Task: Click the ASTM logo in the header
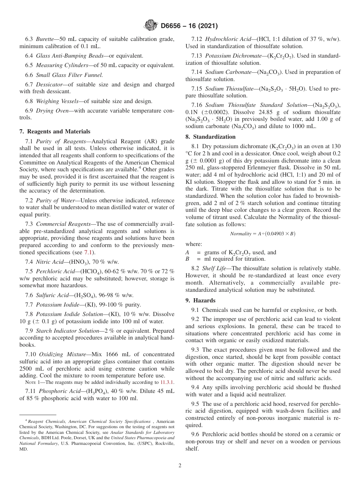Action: [x=150, y=26]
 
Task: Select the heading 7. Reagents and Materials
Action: [x=55, y=131]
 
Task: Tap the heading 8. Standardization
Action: [x=210, y=137]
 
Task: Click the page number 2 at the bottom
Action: [x=180, y=466]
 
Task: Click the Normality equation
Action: [x=263, y=234]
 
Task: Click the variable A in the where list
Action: [x=187, y=252]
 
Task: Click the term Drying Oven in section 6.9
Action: [x=52, y=110]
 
